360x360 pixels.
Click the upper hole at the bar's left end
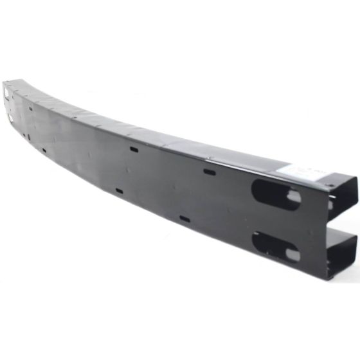coord(7,94)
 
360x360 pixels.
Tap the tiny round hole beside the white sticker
coord(330,186)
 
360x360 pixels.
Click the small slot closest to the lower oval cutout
coord(184,219)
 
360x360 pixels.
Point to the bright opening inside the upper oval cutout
coord(292,197)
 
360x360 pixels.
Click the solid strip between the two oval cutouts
coord(276,219)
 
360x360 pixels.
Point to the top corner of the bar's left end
coord(4,82)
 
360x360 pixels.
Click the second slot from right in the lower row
coord(119,191)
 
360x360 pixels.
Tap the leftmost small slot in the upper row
coord(30,108)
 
